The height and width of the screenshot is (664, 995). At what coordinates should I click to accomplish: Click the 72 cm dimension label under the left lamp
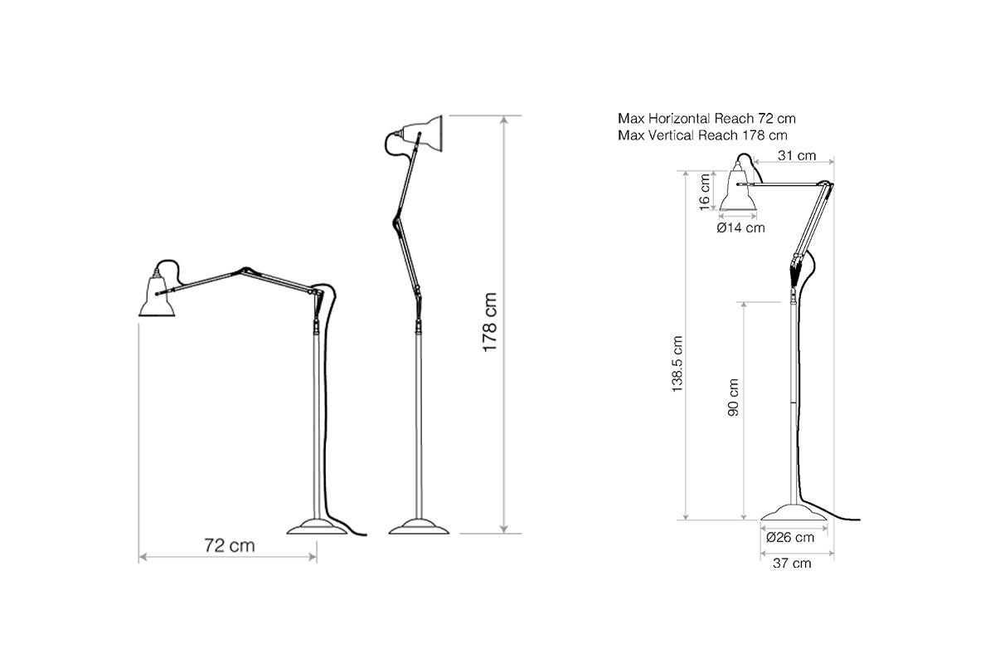pos(229,545)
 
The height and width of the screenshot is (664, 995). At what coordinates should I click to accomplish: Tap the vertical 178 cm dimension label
pos(489,322)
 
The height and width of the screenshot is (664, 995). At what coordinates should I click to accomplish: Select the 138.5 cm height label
pos(677,364)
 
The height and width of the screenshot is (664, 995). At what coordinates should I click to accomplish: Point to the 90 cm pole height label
pos(733,397)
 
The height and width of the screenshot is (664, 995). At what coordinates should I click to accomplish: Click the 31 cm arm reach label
pos(797,155)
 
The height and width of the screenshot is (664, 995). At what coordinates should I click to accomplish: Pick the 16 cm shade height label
pos(705,192)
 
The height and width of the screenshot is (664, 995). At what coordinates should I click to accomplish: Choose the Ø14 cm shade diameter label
pos(740,227)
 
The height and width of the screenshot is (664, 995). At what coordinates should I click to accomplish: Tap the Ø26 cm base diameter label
pos(790,537)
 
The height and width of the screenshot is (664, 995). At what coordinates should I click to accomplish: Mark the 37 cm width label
pos(792,563)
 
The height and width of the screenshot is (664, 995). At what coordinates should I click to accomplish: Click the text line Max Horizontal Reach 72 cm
pos(706,119)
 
